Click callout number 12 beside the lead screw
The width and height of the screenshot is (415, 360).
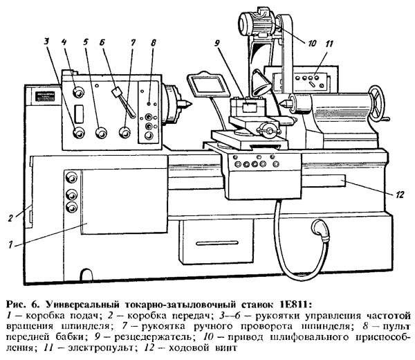click(400, 195)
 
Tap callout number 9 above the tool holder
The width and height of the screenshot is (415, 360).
click(217, 43)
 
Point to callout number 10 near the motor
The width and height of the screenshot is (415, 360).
click(312, 43)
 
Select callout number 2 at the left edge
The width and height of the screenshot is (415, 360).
click(10, 218)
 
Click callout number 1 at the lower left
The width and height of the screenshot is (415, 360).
click(10, 245)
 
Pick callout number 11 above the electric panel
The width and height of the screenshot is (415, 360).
click(329, 44)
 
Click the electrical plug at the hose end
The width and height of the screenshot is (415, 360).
click(321, 231)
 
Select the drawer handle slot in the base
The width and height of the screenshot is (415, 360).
click(216, 243)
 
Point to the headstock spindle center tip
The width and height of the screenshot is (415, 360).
click(185, 102)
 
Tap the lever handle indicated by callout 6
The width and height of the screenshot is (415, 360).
click(124, 102)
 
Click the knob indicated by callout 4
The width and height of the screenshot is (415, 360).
click(78, 93)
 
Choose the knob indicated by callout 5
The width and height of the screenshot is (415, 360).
click(101, 132)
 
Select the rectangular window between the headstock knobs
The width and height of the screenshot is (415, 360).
click(79, 114)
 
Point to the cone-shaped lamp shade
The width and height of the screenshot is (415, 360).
click(261, 82)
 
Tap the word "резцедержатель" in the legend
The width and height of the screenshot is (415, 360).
click(154, 337)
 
